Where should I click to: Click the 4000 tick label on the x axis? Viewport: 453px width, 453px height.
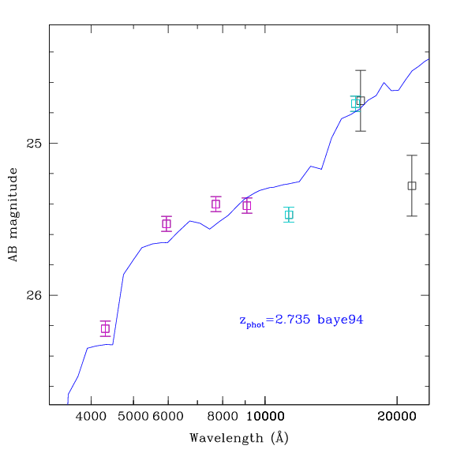(91, 417)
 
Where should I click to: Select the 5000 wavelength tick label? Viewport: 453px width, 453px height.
(133, 417)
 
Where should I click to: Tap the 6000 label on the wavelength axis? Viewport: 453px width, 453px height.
(168, 417)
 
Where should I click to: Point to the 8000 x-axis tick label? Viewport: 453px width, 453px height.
(223, 417)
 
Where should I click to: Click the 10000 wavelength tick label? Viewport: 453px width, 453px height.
(265, 417)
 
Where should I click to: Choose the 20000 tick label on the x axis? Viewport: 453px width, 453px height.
(397, 417)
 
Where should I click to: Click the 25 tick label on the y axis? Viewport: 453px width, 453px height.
(34, 144)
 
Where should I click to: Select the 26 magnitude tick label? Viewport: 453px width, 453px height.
(34, 295)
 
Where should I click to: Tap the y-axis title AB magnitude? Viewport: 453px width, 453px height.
(13, 215)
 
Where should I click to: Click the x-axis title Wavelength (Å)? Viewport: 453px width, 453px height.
(239, 438)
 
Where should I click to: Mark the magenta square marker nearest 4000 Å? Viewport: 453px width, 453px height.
(106, 328)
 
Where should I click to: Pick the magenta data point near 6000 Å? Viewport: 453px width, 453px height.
(167, 223)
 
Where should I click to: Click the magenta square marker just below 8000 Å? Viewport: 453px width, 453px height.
(216, 204)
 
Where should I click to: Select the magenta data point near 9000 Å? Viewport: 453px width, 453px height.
(247, 205)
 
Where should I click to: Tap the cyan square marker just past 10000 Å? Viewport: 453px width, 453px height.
(289, 215)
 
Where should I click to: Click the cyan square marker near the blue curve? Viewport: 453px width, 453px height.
(355, 103)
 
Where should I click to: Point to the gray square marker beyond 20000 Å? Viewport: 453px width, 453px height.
(412, 185)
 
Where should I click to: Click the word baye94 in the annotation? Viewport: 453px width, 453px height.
(340, 320)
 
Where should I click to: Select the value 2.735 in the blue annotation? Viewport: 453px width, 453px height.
(292, 320)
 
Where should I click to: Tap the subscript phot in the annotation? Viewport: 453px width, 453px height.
(256, 324)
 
